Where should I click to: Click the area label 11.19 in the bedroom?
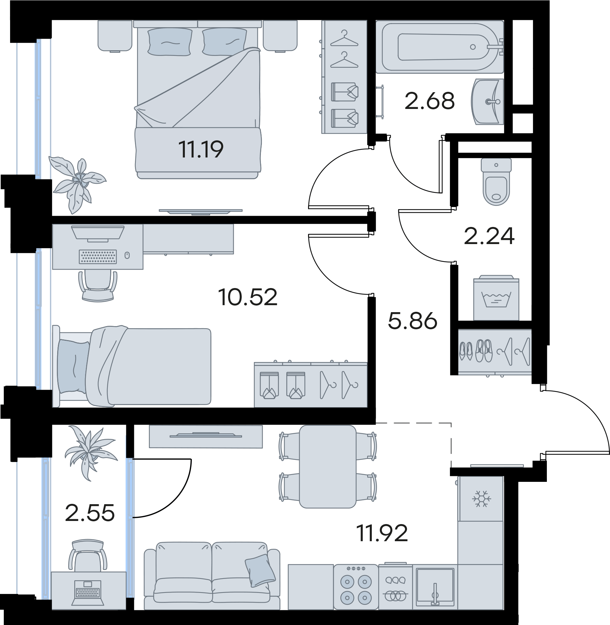[201, 149]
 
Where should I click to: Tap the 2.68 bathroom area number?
[429, 101]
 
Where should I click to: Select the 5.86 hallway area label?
[412, 321]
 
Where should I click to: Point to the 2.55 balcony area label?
[90, 513]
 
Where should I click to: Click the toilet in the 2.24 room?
[496, 182]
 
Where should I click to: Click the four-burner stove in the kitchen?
[356, 587]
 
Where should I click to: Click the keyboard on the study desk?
[98, 257]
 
